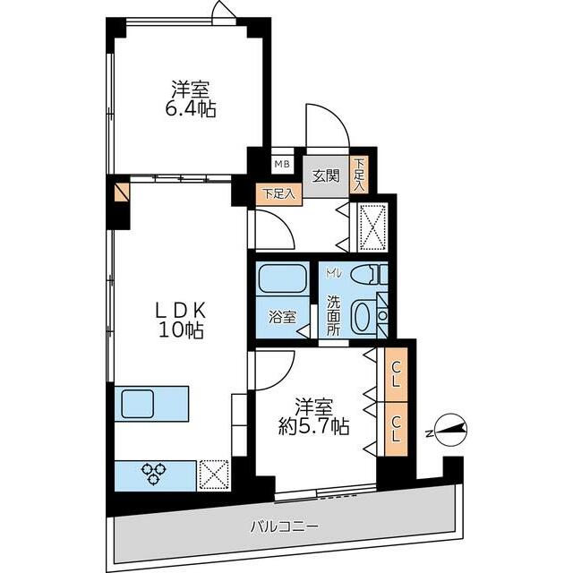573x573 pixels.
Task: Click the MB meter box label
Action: [282, 164]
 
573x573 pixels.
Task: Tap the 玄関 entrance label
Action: [326, 176]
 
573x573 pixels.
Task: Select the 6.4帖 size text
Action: [191, 108]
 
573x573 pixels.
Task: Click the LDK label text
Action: [182, 312]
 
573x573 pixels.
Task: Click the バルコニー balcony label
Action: [285, 526]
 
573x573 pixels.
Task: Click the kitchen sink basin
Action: [137, 404]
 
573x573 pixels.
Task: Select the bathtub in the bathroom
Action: [282, 278]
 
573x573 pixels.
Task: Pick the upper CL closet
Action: [396, 374]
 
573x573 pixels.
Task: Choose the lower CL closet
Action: [396, 429]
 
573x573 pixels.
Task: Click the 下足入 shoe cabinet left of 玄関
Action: [278, 194]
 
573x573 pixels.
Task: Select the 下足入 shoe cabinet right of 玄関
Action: [359, 175]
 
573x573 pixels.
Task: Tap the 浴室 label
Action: [282, 317]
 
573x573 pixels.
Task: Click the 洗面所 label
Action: [333, 315]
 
